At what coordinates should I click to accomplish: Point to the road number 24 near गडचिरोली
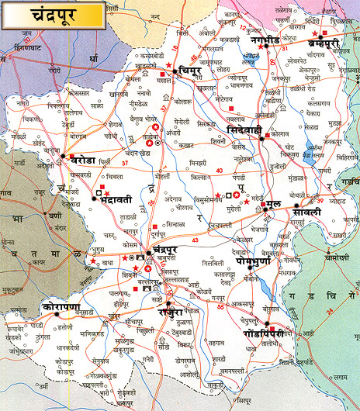[331, 311]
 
